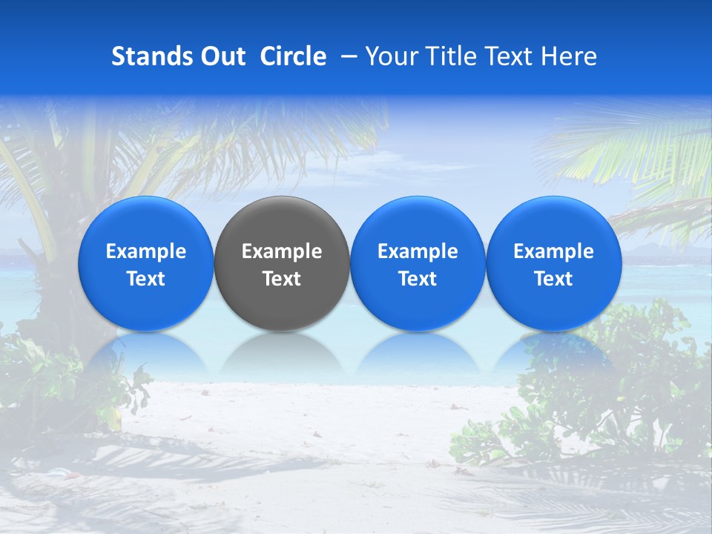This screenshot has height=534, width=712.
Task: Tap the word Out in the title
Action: [x=222, y=56]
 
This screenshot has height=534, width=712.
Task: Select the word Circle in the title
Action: [x=293, y=56]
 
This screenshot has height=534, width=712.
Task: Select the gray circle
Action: [x=282, y=263]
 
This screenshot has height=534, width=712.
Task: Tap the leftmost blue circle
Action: [x=146, y=263]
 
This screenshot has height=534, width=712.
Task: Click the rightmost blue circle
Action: [x=554, y=263]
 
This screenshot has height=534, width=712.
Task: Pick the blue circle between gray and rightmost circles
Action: [x=418, y=263]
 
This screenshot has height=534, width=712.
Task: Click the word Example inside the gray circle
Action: [x=282, y=251]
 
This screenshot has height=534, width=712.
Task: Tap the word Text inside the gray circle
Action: [x=282, y=279]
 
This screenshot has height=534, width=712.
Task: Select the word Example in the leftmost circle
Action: [x=146, y=251]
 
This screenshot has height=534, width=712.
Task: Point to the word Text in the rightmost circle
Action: [x=554, y=279]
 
